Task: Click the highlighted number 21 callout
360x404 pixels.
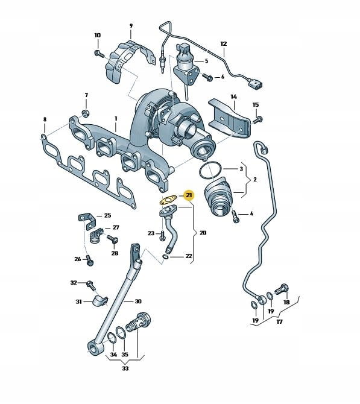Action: pyautogui.click(x=189, y=195)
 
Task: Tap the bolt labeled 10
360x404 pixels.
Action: pyautogui.click(x=99, y=54)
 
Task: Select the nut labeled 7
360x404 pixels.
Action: pyautogui.click(x=85, y=113)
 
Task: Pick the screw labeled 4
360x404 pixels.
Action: pyautogui.click(x=236, y=216)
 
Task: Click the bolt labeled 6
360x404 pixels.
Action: pyautogui.click(x=207, y=77)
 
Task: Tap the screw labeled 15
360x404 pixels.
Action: pyautogui.click(x=257, y=120)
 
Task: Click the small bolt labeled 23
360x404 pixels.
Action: pyautogui.click(x=162, y=236)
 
